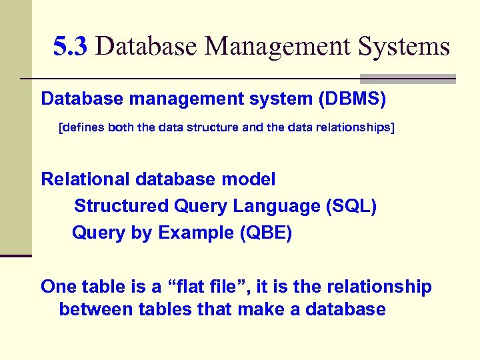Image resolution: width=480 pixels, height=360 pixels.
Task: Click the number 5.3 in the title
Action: [70, 47]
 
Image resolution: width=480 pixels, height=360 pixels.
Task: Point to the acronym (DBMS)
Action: [352, 99]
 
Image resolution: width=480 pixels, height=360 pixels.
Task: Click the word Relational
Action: [85, 179]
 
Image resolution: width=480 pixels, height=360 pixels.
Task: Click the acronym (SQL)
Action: [351, 207]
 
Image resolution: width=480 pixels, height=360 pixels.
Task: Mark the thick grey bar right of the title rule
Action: [407, 79]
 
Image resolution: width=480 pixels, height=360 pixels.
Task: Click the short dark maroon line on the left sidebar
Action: [16, 255]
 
